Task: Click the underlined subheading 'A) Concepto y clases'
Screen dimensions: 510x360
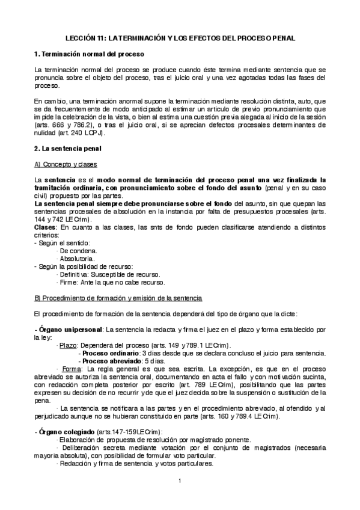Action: point(66,164)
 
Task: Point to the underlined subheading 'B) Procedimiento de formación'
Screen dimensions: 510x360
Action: point(118,298)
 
